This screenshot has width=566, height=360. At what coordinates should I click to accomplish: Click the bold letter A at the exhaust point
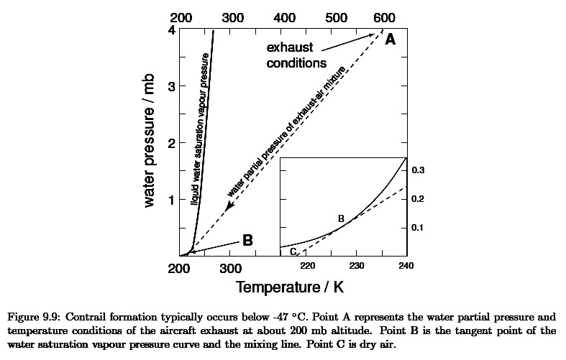pos(390,40)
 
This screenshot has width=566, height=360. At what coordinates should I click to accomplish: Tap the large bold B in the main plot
pos(247,241)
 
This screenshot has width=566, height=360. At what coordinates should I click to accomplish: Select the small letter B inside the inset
pos(341,218)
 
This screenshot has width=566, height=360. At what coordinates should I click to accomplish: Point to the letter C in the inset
pos(293,251)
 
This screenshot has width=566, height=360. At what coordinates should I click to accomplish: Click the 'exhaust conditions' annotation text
pos(297,55)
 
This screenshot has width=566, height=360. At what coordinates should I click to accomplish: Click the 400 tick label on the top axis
pos(286,17)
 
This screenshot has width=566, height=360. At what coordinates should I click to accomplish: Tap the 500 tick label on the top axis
pos(336,17)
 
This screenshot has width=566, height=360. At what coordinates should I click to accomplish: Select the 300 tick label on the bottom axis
pos(229,269)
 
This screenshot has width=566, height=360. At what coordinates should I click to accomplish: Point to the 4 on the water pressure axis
pos(171,30)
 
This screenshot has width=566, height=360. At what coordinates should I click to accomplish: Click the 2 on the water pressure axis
pos(171,143)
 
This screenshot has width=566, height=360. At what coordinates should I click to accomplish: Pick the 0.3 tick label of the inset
pos(418,170)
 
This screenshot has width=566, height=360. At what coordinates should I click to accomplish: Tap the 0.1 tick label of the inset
pos(418,227)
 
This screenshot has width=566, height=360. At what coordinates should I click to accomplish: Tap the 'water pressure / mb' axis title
pos(150,143)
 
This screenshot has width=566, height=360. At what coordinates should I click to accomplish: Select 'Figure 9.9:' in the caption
pos(34,316)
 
